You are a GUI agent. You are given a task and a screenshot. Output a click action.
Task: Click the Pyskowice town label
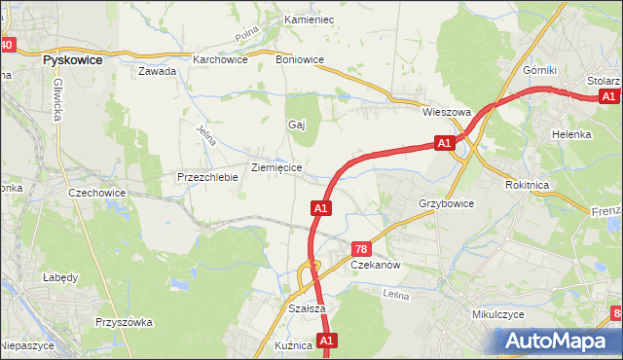click(75, 58)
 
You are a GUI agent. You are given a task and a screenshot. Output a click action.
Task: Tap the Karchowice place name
click(220, 58)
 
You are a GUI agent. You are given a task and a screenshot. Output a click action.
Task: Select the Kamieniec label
click(309, 19)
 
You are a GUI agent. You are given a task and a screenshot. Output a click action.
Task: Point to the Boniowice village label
click(300, 58)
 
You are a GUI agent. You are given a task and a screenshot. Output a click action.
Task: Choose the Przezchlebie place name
click(207, 177)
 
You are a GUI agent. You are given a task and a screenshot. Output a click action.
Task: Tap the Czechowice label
click(97, 193)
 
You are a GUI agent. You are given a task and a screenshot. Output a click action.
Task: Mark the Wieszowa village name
click(446, 112)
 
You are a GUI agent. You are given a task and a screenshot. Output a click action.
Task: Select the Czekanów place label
click(376, 265)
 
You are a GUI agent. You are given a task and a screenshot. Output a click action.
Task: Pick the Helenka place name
click(571, 134)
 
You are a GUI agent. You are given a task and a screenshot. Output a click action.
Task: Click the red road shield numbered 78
click(361, 249)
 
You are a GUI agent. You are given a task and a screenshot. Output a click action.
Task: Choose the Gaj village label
click(297, 125)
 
